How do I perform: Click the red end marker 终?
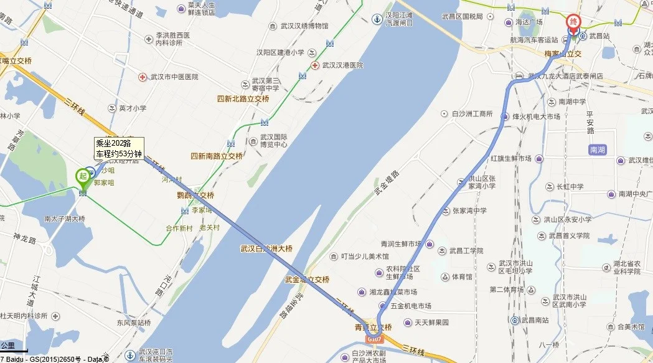(x=573, y=23)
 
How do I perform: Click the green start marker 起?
(x=82, y=177)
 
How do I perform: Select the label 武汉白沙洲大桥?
(x=266, y=248)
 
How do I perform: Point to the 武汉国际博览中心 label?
(x=273, y=141)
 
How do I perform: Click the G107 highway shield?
(x=373, y=339)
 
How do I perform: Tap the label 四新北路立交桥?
(x=243, y=99)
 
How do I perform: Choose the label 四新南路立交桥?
(x=216, y=156)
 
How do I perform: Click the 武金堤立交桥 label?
(x=307, y=280)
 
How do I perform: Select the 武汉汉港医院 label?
(x=342, y=65)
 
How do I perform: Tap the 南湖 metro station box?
(x=597, y=150)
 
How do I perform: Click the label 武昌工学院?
(x=466, y=250)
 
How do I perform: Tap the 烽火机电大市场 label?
(x=536, y=116)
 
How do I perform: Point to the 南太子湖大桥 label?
(x=64, y=219)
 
